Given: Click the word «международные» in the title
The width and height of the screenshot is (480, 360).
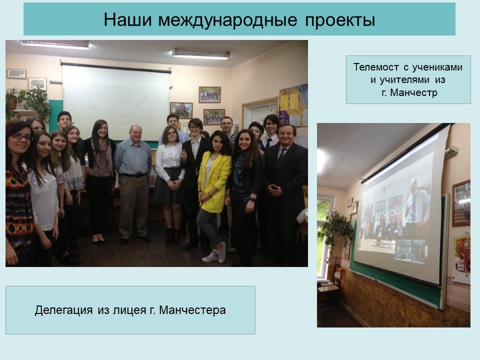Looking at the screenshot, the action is click(x=227, y=20).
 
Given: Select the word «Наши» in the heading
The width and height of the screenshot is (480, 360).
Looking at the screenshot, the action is click(x=127, y=20).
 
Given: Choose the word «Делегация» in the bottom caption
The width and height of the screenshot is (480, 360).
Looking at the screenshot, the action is click(x=63, y=310).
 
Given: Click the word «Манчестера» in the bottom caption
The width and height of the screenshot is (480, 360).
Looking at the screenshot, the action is click(x=192, y=310).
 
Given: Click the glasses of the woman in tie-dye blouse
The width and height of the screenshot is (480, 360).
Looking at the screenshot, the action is click(x=22, y=137).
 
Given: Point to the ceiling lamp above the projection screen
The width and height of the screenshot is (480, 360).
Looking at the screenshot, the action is click(x=201, y=54).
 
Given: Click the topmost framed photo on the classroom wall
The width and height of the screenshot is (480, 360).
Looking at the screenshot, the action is click(x=209, y=94).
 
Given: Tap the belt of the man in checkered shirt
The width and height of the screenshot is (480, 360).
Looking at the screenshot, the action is click(x=133, y=175).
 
